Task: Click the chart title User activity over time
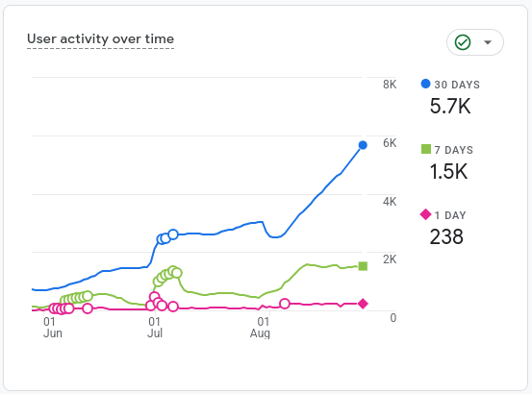coord(100,39)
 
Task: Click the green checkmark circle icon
coord(463,42)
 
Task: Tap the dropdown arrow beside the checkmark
coord(488,42)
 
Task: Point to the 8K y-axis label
coord(390,85)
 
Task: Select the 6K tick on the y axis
coord(390,143)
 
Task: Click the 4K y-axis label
coord(390,202)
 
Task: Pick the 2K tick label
coord(390,259)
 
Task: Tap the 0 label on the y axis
coord(393,318)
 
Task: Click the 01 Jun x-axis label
coord(53,328)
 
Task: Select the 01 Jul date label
coord(155,328)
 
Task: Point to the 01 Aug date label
coord(261,328)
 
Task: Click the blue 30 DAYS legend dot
coord(425,84)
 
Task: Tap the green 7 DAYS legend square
coord(426,149)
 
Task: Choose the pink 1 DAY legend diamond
coord(425,214)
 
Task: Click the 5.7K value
coord(450,106)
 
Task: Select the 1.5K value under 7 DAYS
coord(448,171)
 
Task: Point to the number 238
coord(446,236)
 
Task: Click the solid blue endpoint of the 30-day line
coord(363,145)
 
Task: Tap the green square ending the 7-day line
coord(363,266)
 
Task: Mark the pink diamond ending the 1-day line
coord(363,304)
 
